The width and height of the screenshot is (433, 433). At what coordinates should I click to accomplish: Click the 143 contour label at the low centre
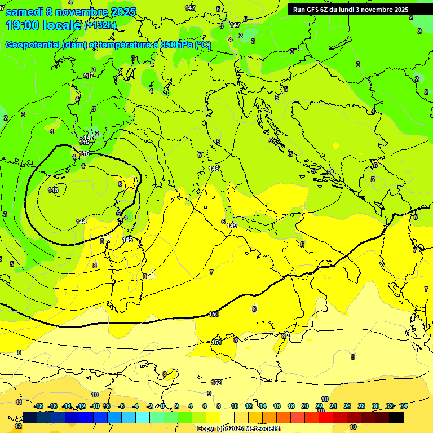pyautogui.click(x=53, y=190)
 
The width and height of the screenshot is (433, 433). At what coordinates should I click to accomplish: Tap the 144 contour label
pyautogui.click(x=81, y=222)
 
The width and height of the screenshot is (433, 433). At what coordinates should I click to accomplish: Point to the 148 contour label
pyautogui.click(x=214, y=169)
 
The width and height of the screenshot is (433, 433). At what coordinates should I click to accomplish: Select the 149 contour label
pyautogui.click(x=232, y=226)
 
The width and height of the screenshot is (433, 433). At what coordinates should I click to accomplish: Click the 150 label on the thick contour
pyautogui.click(x=214, y=314)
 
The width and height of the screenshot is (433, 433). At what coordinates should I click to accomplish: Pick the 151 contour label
pyautogui.click(x=216, y=342)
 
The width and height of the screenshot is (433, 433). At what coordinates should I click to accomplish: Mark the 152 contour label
pyautogui.click(x=216, y=382)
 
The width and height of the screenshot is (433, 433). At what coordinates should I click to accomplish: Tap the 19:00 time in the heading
pyautogui.click(x=22, y=25)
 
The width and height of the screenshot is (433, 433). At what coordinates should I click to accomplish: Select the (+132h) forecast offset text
pyautogui.click(x=100, y=25)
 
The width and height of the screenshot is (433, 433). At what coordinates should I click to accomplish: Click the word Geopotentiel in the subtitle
pyautogui.click(x=33, y=45)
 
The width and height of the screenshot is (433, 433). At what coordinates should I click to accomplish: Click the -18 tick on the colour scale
pyautogui.click(x=38, y=406)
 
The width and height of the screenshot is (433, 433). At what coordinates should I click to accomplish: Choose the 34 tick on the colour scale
pyautogui.click(x=404, y=406)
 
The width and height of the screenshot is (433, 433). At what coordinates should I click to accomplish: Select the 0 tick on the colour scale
pyautogui.click(x=162, y=406)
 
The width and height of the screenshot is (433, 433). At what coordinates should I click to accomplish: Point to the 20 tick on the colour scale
pyautogui.click(x=305, y=406)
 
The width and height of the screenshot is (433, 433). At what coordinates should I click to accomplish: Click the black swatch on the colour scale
pyautogui.click(x=396, y=417)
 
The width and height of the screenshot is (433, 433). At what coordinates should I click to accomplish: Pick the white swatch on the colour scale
pyautogui.click(x=227, y=417)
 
